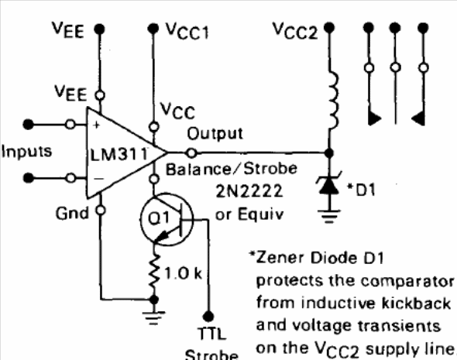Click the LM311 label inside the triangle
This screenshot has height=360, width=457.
119,154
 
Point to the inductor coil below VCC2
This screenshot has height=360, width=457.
333,100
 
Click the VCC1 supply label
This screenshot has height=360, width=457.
187,31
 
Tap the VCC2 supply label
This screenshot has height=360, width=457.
295,31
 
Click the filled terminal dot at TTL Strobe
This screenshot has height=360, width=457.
208,316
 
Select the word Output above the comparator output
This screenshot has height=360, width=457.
215,133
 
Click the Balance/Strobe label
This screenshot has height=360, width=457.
232,169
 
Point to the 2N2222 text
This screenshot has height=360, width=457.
249,191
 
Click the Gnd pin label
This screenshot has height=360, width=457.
72,213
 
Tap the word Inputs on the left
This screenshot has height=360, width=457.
27,152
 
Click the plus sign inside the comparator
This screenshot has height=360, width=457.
97,125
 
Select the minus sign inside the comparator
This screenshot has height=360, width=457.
98,179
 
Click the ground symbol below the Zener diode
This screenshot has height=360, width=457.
329,216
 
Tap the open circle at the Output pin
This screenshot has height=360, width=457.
191,153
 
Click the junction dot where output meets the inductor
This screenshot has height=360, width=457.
329,153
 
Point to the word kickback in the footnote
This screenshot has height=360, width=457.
416,303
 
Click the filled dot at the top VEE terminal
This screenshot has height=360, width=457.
100,29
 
